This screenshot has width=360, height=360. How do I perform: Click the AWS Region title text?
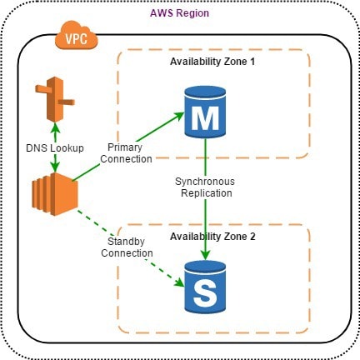[x=179, y=14]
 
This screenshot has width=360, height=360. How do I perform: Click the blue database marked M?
[x=204, y=115]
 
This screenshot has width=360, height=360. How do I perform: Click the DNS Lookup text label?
[x=55, y=147]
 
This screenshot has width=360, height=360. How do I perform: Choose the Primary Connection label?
[x=126, y=152]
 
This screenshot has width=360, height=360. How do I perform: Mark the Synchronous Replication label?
[x=204, y=186]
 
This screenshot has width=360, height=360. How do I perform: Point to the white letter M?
[x=204, y=119]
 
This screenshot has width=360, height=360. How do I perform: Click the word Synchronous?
[x=204, y=180]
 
